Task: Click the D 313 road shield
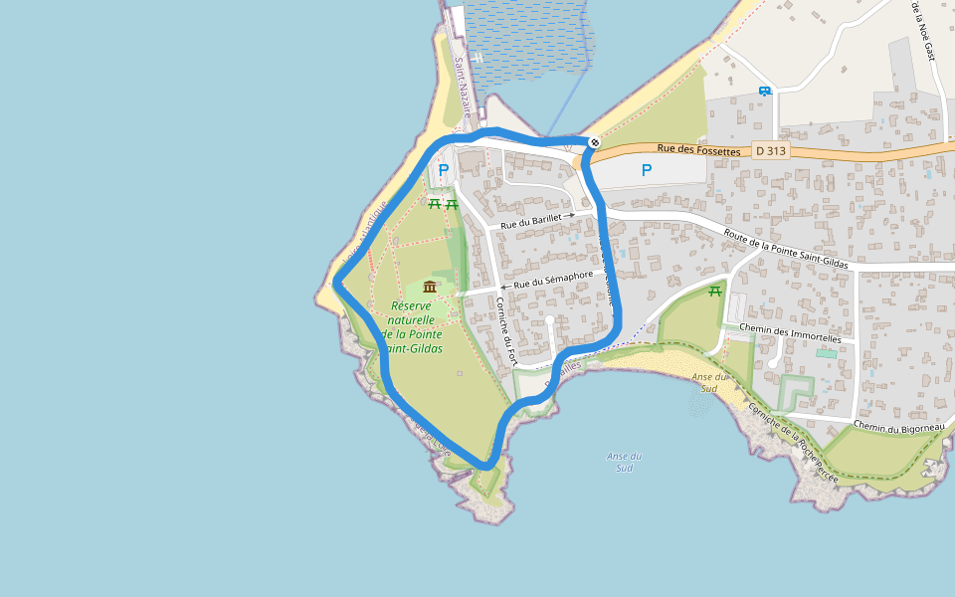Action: point(770,151)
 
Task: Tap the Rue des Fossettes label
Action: point(699,150)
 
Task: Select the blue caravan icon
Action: point(764,92)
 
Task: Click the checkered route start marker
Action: point(594,142)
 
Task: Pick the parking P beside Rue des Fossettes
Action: point(647,170)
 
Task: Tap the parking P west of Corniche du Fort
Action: point(443,170)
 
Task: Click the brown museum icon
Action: point(430,287)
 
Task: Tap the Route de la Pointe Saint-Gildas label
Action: point(786,249)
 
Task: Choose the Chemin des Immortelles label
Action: point(791,332)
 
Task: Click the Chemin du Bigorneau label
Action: point(898,428)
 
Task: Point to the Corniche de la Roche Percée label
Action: point(793,444)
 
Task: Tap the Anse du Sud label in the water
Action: point(624,462)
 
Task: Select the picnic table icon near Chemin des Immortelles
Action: point(714,291)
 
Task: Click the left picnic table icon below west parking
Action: point(435,203)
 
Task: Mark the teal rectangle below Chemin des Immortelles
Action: point(826,353)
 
